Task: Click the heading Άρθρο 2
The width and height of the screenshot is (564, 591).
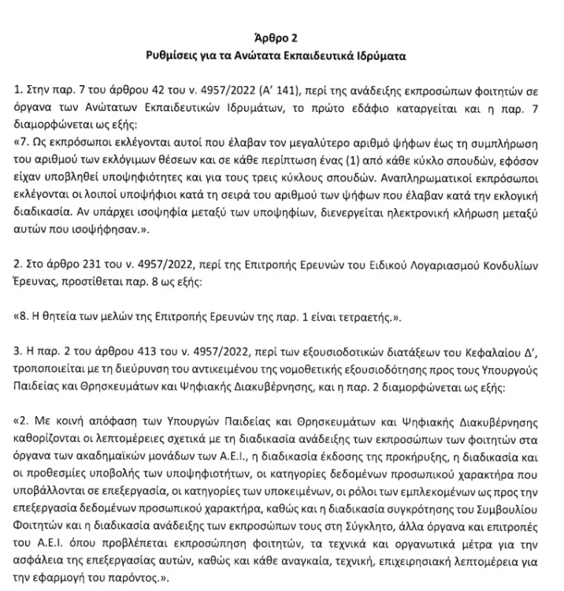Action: (x=281, y=37)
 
